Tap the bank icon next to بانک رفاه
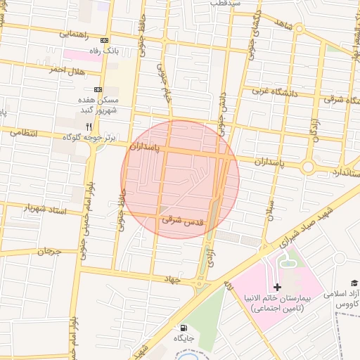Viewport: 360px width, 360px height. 105,41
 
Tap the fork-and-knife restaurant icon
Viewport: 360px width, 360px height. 89,127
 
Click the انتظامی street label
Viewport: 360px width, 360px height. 25,131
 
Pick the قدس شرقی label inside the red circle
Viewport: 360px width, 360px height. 183,221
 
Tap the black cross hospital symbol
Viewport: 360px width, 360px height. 278,287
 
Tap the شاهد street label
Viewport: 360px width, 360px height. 283,25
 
